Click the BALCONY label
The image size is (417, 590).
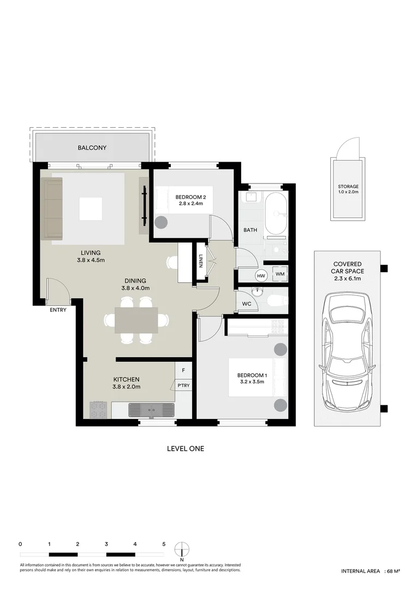point(92,148)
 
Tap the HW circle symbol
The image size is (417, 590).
point(261,275)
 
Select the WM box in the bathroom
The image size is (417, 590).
point(279,274)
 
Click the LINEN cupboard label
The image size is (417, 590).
point(201,262)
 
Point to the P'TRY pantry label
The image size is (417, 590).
point(183,386)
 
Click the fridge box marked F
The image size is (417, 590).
point(183,370)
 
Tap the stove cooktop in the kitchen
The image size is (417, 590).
point(98,410)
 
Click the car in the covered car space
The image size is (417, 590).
point(347,352)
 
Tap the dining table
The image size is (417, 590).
point(136,320)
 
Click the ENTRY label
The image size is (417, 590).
point(58,310)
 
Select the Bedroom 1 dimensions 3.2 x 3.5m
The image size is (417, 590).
point(252,382)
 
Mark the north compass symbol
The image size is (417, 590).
point(182,548)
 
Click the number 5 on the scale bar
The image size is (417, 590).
point(164,544)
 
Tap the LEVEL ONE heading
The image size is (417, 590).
point(185,449)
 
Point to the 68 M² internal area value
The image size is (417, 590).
point(394,571)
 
